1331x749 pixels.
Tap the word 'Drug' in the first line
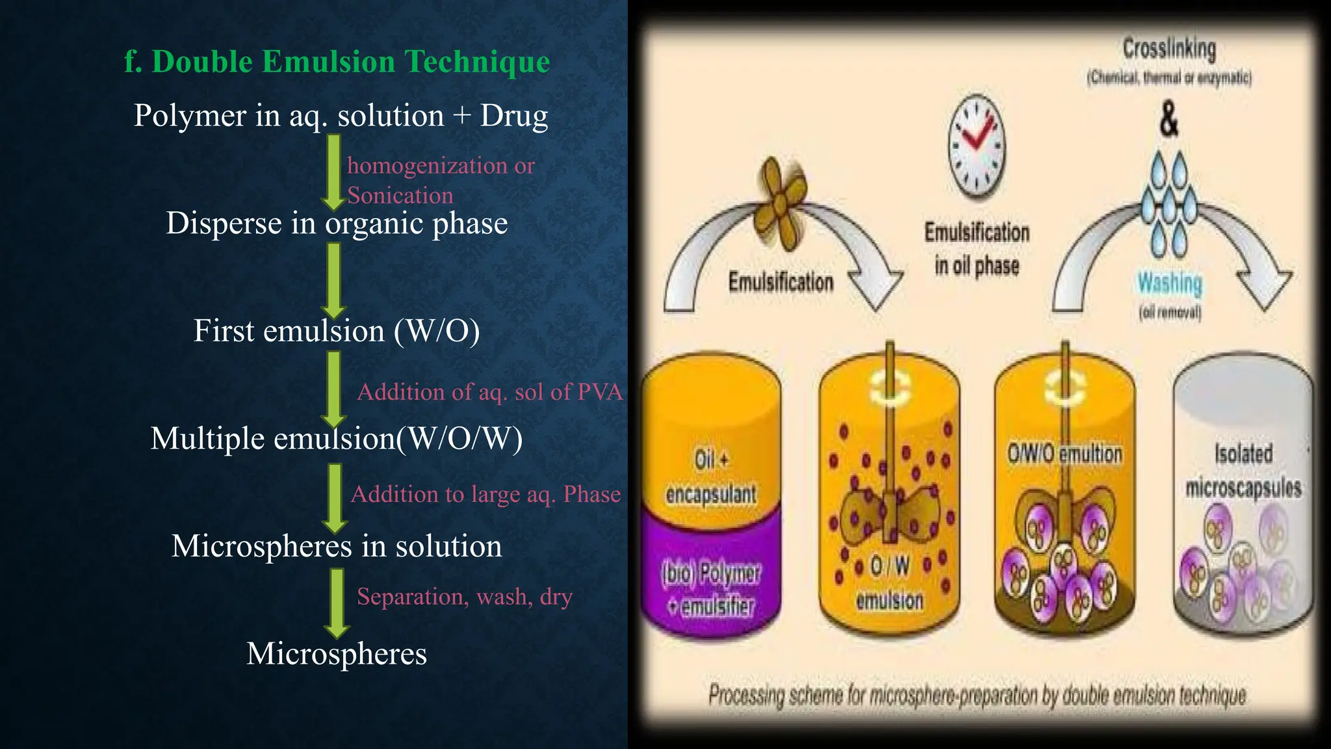(x=513, y=116)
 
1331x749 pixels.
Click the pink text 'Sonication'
(x=400, y=196)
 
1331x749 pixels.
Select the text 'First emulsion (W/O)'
(x=337, y=331)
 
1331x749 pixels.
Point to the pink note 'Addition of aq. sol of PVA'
(x=489, y=392)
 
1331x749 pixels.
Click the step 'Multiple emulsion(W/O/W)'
(x=337, y=439)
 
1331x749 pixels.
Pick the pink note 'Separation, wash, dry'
(x=464, y=597)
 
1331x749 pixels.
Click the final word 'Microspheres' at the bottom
(x=337, y=653)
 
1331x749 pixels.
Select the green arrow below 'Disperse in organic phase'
(x=333, y=280)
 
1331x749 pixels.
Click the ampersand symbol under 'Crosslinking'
(x=1169, y=120)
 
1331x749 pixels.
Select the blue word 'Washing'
(x=1169, y=283)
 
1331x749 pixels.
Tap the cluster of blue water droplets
(x=1169, y=205)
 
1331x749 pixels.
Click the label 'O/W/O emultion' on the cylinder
(x=1065, y=454)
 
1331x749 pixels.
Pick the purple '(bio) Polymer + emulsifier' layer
(x=711, y=589)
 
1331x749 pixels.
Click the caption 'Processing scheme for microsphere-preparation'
(x=977, y=695)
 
